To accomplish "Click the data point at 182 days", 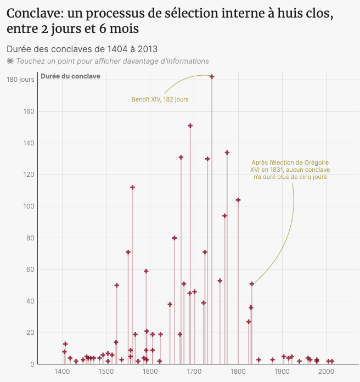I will click(x=212, y=77).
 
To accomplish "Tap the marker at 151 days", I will click(x=190, y=126).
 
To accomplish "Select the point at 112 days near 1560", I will click(x=132, y=187).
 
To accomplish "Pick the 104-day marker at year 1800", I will click(x=238, y=200).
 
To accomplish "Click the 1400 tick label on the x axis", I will click(x=62, y=372).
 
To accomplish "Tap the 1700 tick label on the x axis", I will click(x=194, y=372).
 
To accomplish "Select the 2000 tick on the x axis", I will click(x=326, y=372).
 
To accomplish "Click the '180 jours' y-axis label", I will click(x=20, y=80).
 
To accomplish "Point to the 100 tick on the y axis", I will click(x=29, y=206).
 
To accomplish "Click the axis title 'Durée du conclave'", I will click(x=70, y=76).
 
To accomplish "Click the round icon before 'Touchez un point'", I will click(x=10, y=61).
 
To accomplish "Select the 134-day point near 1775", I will click(x=227, y=153).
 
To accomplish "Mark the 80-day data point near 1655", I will click(x=175, y=238).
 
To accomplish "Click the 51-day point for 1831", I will click(x=252, y=284).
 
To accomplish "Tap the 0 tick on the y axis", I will click(x=32, y=364).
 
